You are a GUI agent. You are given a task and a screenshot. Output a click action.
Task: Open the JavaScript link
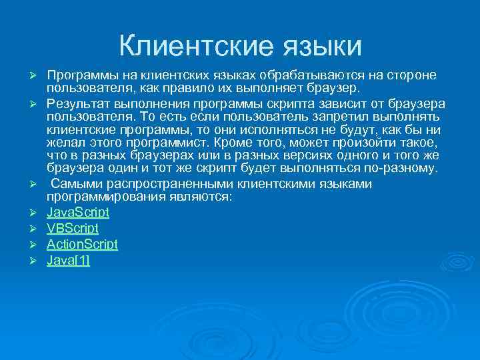78,213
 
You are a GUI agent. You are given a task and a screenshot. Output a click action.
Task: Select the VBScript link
73,228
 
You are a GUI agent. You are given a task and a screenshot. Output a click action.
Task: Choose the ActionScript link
82,244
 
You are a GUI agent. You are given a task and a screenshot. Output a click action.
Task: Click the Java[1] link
68,259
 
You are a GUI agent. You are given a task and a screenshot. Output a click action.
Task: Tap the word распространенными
172,183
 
